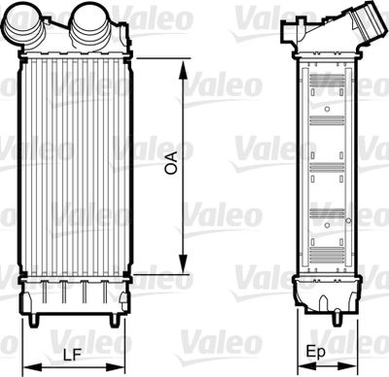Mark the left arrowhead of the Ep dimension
pos(295,367)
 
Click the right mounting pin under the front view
pos(115,319)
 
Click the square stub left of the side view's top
pos(286,33)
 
